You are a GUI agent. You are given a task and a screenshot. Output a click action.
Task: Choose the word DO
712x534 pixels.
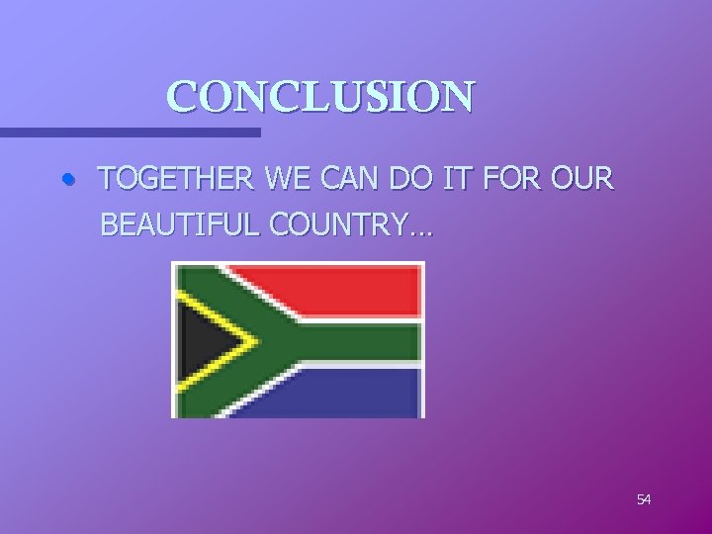click(407, 181)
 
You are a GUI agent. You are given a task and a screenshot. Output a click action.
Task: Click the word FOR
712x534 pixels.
click(513, 181)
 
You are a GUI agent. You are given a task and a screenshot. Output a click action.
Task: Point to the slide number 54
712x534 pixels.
click(644, 500)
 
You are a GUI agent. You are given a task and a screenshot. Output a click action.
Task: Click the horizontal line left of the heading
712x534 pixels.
click(129, 132)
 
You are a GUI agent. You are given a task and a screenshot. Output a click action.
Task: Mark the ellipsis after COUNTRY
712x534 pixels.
click(421, 229)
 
